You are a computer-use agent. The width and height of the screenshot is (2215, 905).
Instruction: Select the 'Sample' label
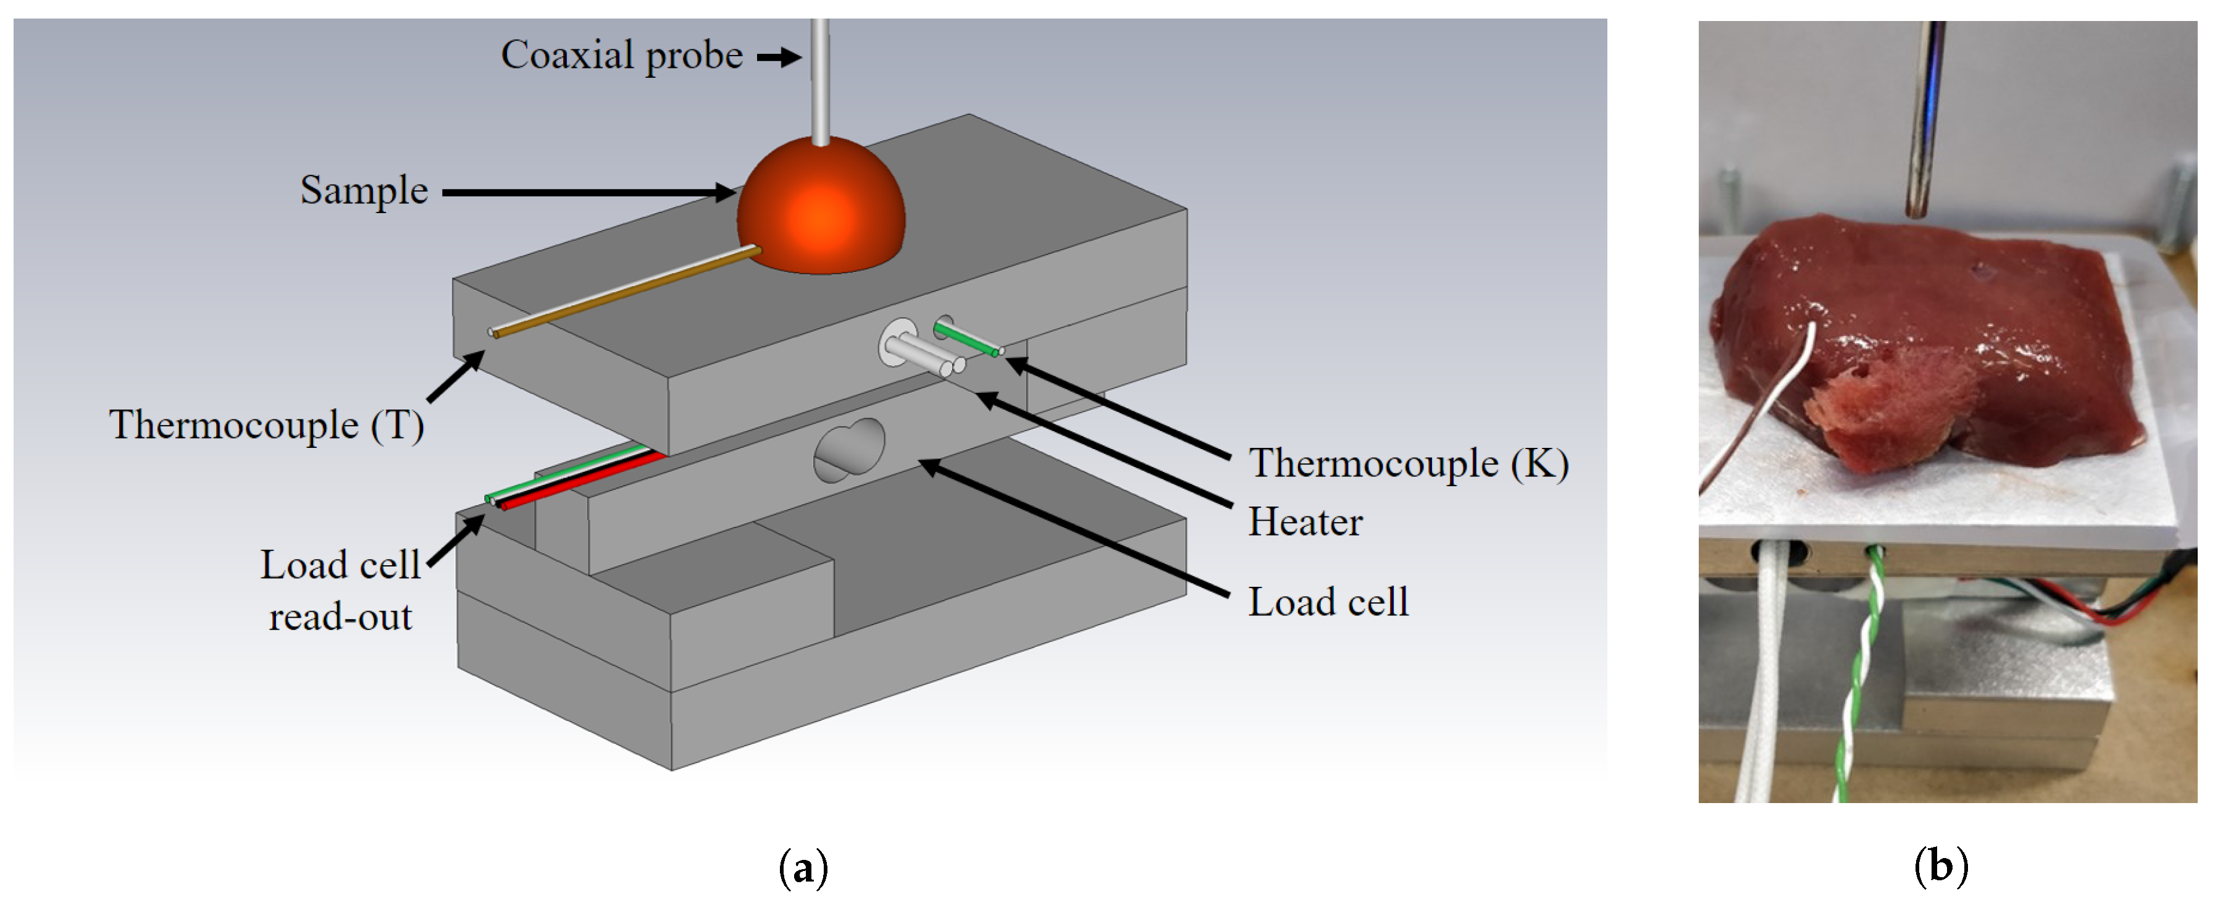364,191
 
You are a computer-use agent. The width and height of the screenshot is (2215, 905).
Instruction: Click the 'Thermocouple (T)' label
267,425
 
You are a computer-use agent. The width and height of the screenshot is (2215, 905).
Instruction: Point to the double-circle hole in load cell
848,450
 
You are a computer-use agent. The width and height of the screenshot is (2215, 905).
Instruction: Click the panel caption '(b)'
1941,865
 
